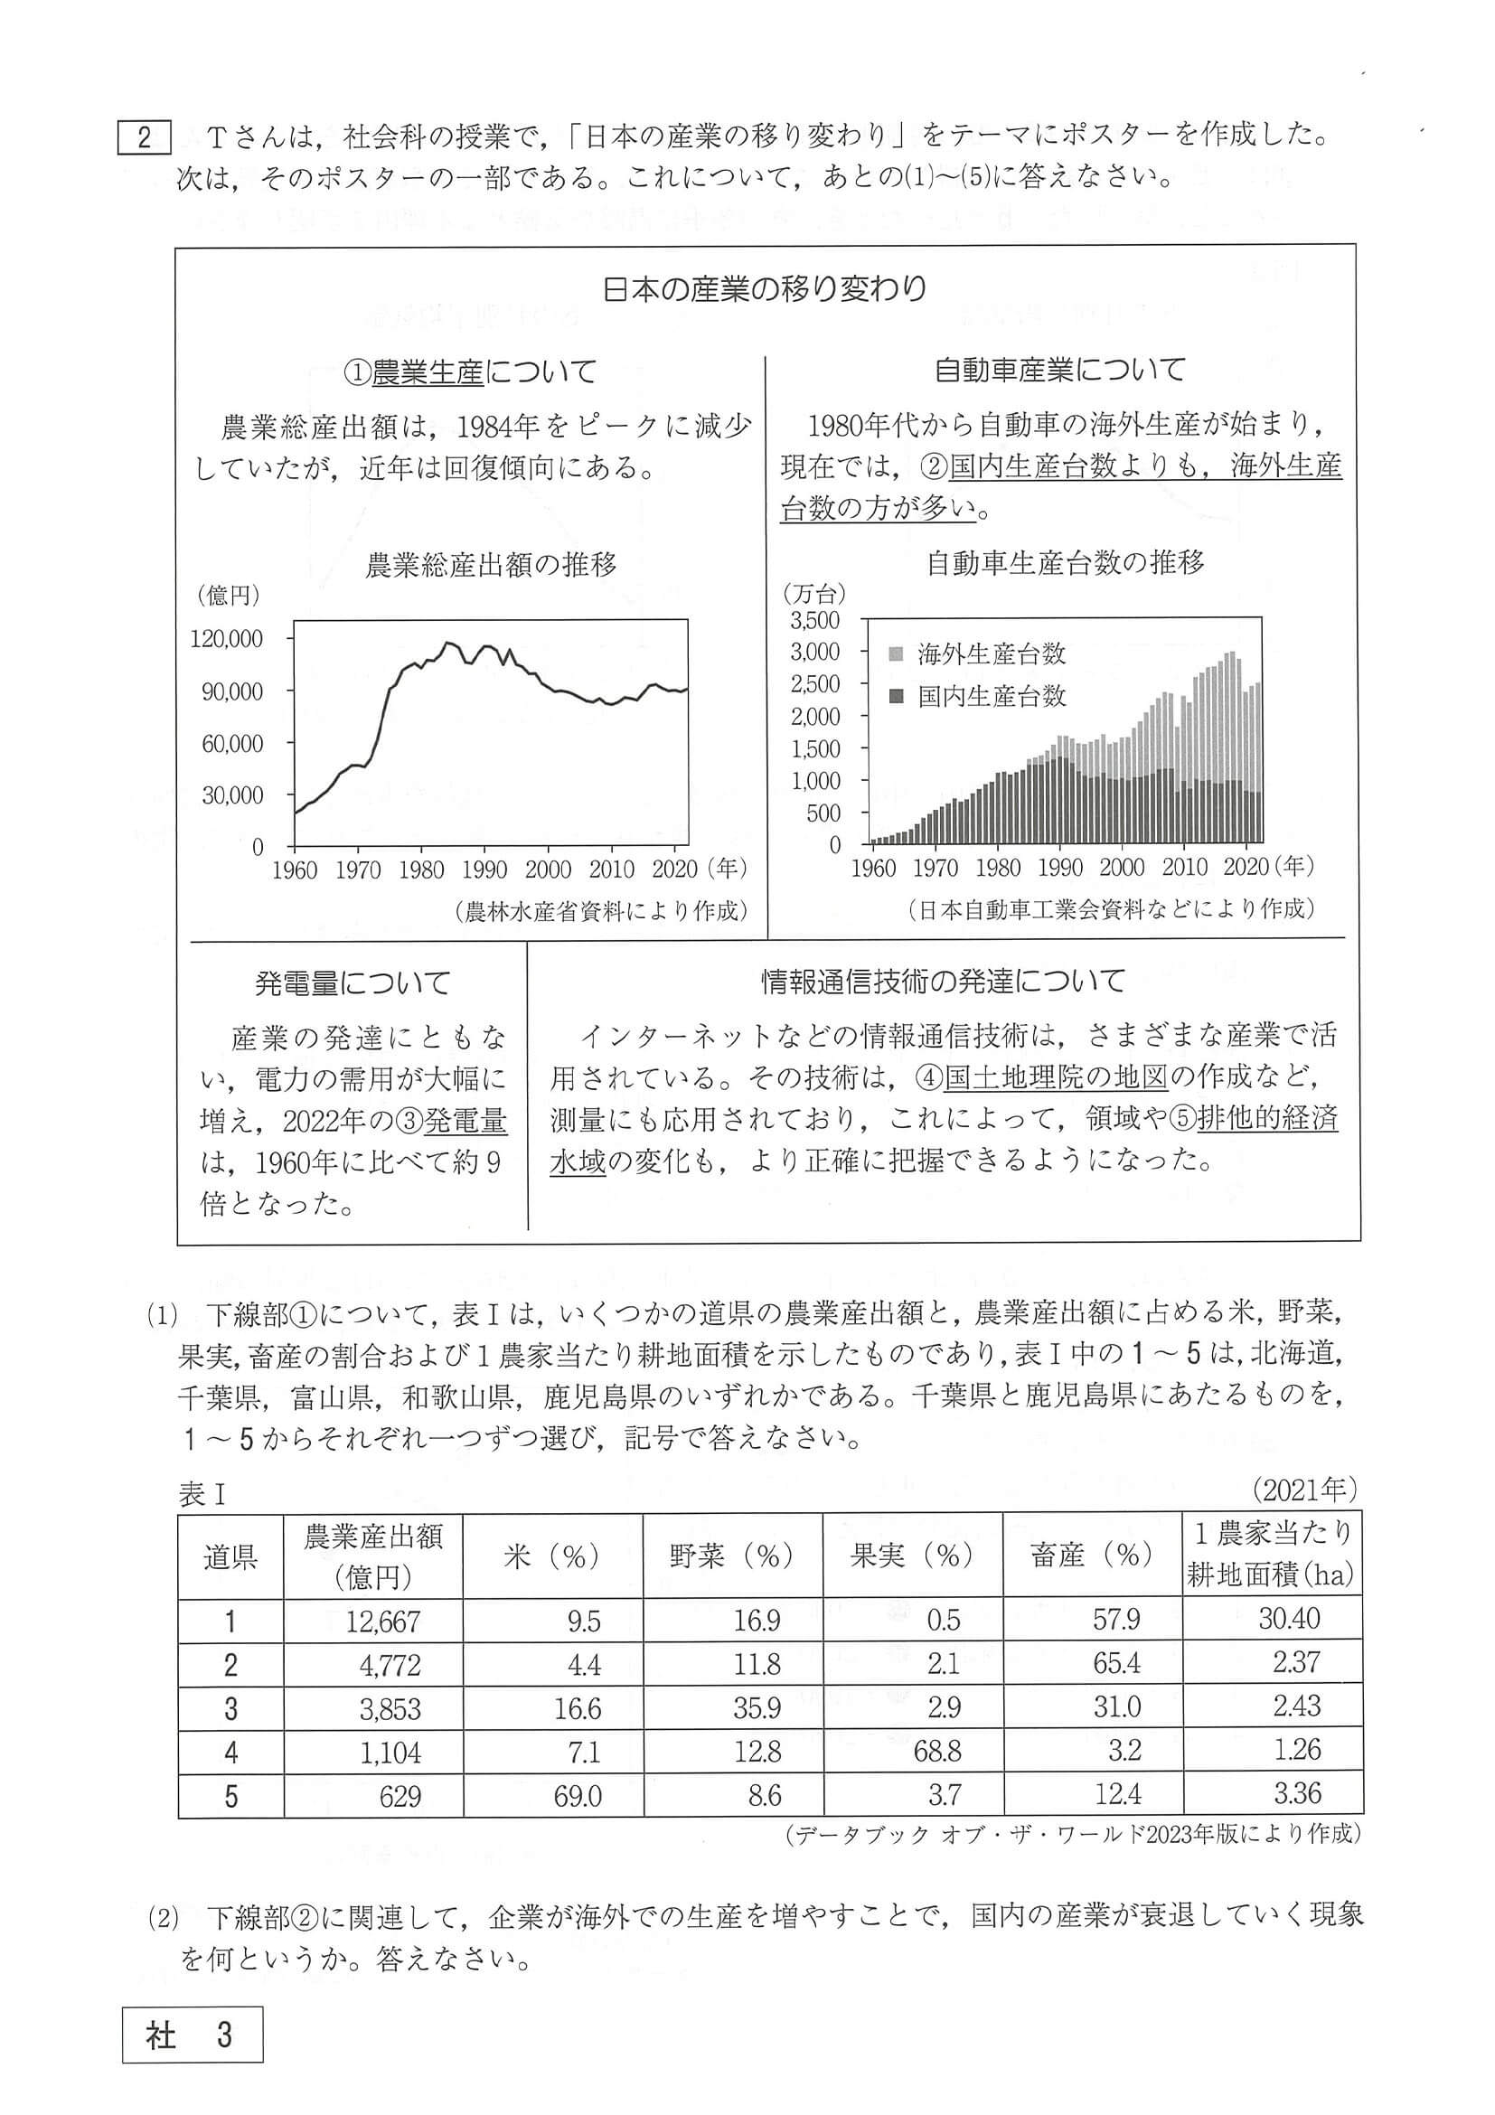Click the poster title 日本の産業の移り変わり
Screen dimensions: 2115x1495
click(765, 289)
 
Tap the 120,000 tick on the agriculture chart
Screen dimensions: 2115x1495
click(227, 638)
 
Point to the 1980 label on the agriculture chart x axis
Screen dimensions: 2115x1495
click(421, 870)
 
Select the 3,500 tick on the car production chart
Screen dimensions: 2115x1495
click(814, 619)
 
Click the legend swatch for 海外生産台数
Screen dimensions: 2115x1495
click(897, 654)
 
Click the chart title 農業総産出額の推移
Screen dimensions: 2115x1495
click(491, 564)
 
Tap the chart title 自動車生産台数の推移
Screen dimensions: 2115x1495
click(1065, 562)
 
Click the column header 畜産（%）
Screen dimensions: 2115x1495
click(1092, 1556)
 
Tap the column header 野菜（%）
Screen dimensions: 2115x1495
click(731, 1556)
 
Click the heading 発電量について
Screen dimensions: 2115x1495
click(353, 983)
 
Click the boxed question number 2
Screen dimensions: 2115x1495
click(145, 138)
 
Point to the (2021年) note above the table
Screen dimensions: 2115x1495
click(1304, 1489)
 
